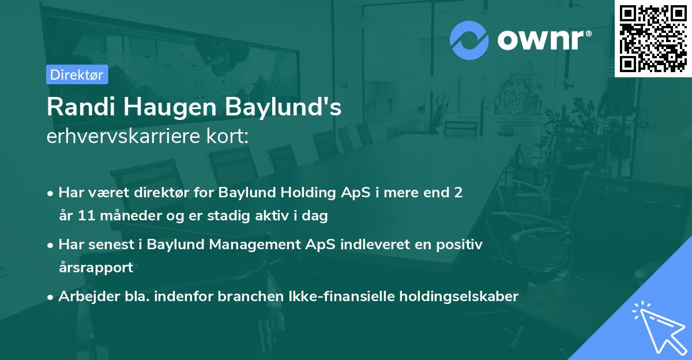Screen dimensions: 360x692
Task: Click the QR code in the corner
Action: tap(653, 38)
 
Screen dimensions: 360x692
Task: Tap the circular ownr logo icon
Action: tap(469, 40)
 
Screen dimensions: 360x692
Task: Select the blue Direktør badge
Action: tap(77, 74)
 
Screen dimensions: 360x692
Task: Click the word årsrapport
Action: tap(96, 268)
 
